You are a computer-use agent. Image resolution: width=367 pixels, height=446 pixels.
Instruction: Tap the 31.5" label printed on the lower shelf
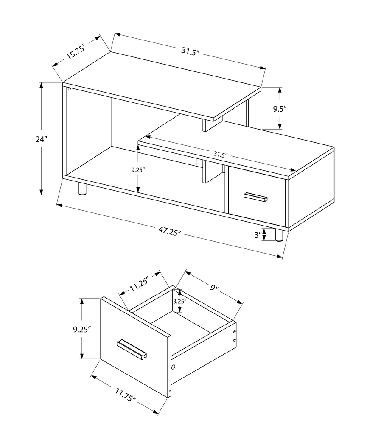(219, 155)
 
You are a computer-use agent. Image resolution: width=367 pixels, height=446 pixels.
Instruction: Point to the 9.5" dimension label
(280, 108)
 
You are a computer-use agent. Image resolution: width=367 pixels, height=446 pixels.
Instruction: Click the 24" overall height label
(42, 139)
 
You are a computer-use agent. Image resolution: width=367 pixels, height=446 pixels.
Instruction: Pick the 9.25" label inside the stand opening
(126, 169)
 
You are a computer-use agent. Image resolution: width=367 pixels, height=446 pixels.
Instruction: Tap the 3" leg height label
(257, 235)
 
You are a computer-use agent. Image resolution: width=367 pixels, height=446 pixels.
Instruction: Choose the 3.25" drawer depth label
(180, 301)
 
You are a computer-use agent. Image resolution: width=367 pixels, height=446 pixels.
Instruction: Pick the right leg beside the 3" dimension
(279, 236)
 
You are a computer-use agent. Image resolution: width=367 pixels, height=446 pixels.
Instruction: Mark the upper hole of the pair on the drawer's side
(235, 332)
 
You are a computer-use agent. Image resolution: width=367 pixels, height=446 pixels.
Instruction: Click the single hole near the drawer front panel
(174, 367)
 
